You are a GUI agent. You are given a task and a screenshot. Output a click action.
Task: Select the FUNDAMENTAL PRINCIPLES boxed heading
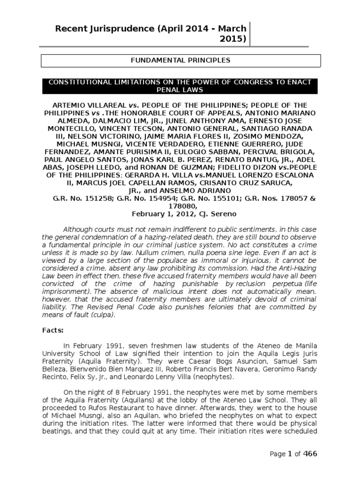pos(180,60)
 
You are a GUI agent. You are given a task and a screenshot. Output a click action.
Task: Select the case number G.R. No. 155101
pos(209,199)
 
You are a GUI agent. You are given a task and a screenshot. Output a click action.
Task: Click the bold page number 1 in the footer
pos(289,454)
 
